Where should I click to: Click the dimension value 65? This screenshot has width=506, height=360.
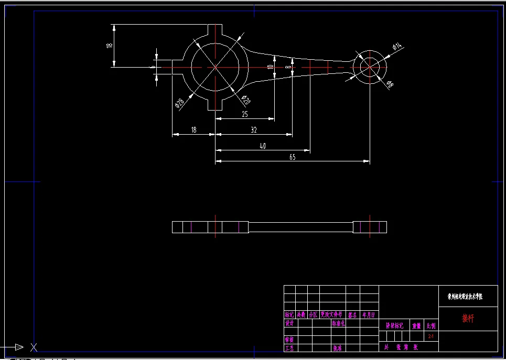[293, 157]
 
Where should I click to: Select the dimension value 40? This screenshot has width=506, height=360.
[263, 146]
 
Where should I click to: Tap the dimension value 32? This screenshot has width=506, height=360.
[254, 129]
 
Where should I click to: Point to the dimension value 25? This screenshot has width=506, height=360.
[244, 114]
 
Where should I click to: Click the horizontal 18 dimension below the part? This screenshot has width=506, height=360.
[193, 129]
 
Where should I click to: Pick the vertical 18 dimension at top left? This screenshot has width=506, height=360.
[109, 45]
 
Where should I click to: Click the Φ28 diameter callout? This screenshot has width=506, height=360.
[179, 103]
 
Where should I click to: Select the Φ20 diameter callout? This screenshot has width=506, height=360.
[245, 99]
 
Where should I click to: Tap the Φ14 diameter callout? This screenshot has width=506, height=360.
[396, 47]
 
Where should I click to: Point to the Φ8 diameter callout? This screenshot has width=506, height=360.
[390, 84]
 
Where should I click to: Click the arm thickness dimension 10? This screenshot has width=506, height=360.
[270, 67]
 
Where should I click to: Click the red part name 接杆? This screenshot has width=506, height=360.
[467, 318]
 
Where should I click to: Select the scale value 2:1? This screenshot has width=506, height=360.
[431, 336]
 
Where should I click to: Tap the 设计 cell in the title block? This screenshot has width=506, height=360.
[289, 323]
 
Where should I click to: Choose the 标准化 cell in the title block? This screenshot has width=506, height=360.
[338, 323]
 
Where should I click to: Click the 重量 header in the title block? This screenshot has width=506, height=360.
[416, 325]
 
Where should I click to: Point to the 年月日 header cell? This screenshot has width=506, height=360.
[369, 315]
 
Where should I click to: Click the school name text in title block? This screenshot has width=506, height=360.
[465, 296]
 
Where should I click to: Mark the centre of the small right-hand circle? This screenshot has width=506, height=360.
[370, 67]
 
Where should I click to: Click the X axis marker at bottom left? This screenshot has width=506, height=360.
[34, 347]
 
